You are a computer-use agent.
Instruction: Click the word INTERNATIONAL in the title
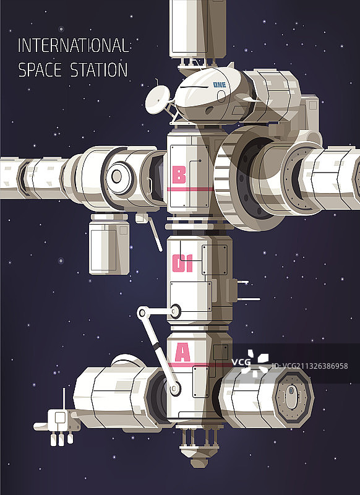pyautogui.click(x=73, y=45)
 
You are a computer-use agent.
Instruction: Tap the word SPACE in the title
pyautogui.click(x=40, y=70)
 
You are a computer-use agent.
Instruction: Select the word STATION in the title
pyautogui.click(x=99, y=70)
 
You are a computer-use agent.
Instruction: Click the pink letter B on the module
pyautogui.click(x=179, y=175)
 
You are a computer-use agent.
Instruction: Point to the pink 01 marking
pyautogui.click(x=182, y=264)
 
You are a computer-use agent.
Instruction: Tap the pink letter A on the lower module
pyautogui.click(x=182, y=352)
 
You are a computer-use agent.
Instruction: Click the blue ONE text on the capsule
pyautogui.click(x=220, y=85)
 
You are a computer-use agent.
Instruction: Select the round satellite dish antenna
pyautogui.click(x=158, y=100)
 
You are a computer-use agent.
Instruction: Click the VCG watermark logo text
pyautogui.click(x=241, y=362)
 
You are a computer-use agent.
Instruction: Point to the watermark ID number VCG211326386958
pyautogui.click(x=309, y=366)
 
